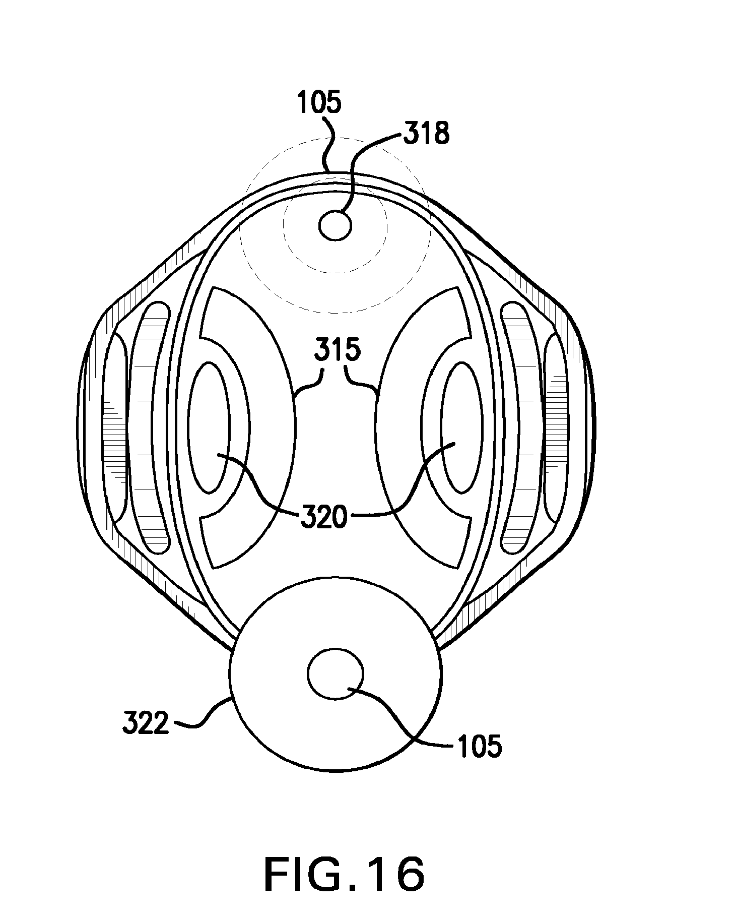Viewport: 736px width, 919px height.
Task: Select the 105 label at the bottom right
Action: pyautogui.click(x=480, y=746)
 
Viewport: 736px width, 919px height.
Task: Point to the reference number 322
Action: pyautogui.click(x=145, y=724)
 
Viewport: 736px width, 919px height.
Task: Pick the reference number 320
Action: pyautogui.click(x=324, y=517)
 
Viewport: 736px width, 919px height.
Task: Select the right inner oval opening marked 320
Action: pyautogui.click(x=461, y=428)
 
